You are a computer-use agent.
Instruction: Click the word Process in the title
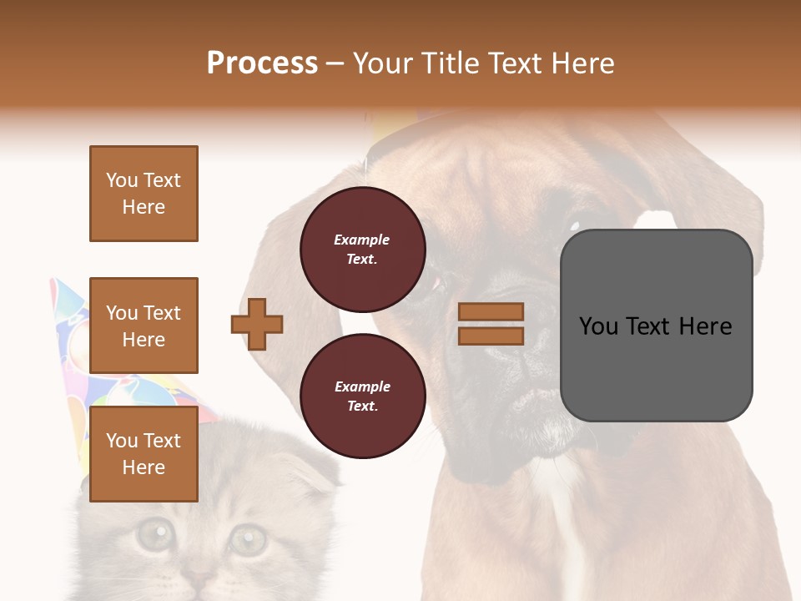coord(262,63)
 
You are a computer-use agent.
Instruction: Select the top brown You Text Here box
coord(144,194)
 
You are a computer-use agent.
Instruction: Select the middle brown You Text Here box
coord(144,326)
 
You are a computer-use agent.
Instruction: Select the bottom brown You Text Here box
coord(144,454)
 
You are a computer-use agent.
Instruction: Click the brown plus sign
coord(257,324)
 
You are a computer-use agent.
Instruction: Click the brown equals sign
coord(491,324)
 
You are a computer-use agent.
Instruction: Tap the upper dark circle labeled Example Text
coord(362,249)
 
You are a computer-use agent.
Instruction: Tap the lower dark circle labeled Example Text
coord(362,396)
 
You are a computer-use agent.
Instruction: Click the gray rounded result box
coord(656,326)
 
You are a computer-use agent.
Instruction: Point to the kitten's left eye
coord(153,535)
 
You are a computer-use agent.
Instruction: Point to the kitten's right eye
coord(247,539)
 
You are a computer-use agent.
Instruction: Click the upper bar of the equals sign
coord(491,312)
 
